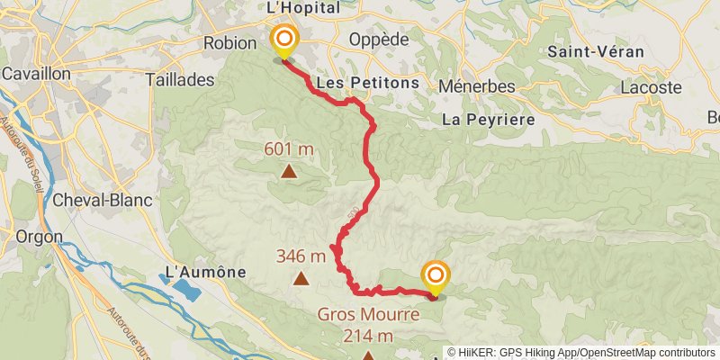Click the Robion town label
point(230,43)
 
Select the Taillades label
point(179,79)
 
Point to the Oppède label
point(377,40)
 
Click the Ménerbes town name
point(477,86)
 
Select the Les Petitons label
point(368,83)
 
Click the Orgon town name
point(34,236)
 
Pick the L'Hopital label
point(303,8)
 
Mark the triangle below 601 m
point(289,170)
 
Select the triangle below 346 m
point(301,279)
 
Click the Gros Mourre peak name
point(367,315)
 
